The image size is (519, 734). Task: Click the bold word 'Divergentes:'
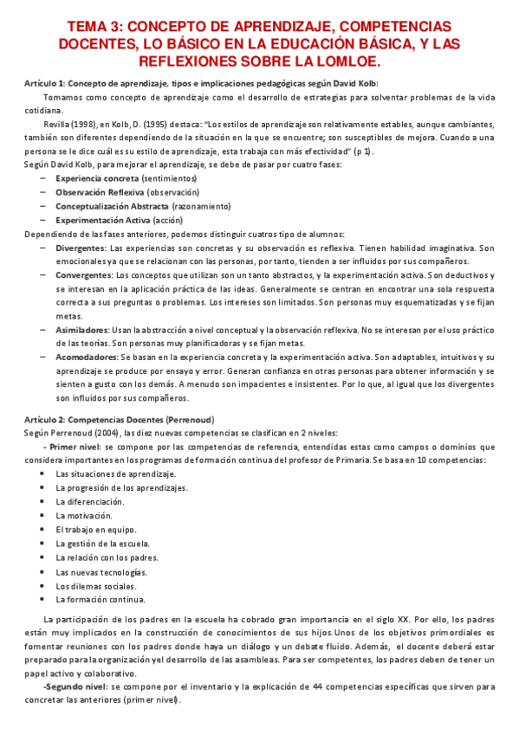coord(81,248)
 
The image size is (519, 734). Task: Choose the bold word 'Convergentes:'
coord(84,275)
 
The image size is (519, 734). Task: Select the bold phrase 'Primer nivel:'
coord(75,447)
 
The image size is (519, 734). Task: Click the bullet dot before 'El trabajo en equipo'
coord(43,529)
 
